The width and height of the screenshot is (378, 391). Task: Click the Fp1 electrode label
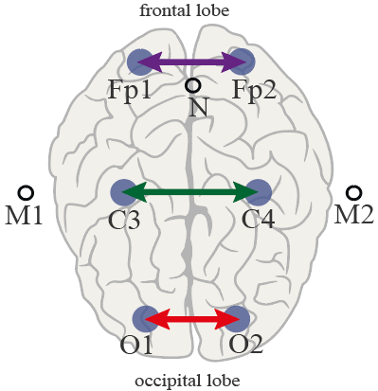[x=130, y=91]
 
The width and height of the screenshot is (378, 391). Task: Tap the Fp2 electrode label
[x=254, y=91]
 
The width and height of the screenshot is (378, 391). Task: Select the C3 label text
[x=124, y=220]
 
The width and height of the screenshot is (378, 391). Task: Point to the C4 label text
[x=258, y=220]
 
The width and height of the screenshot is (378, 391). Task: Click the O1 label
[x=136, y=345]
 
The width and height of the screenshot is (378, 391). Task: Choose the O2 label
[x=246, y=345]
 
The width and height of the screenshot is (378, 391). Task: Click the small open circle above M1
[x=26, y=192]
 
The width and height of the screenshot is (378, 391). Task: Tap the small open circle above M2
[x=353, y=192]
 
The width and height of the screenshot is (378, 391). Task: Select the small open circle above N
[x=192, y=85]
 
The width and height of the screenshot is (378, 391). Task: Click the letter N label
[x=199, y=108]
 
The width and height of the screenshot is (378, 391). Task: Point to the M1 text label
[x=24, y=216]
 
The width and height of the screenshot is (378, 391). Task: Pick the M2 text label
[x=354, y=215]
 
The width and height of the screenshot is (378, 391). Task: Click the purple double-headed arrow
[x=191, y=62]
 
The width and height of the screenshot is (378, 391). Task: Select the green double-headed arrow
[x=189, y=191]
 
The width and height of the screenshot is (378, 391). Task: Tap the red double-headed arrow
[x=191, y=319]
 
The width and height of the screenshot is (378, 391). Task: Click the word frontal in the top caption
[x=160, y=10]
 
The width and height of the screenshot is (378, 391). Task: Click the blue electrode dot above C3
[x=124, y=192]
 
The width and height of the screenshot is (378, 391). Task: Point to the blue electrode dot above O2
[x=237, y=319]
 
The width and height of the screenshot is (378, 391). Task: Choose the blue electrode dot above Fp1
[x=140, y=62]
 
